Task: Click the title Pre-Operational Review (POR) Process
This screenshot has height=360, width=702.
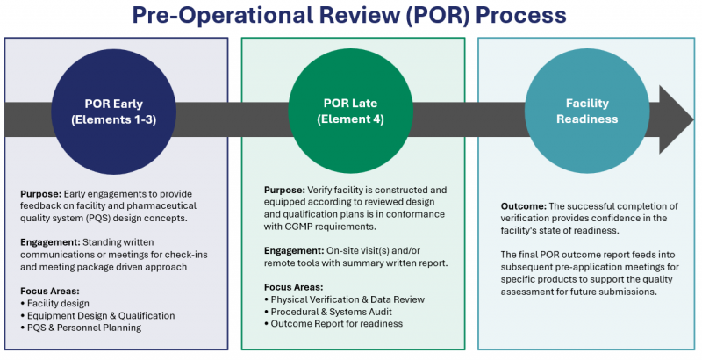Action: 350,16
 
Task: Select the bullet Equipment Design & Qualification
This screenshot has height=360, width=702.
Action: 101,315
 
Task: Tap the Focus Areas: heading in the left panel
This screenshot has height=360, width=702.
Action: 50,289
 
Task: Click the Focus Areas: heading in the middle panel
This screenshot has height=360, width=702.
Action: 294,285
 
